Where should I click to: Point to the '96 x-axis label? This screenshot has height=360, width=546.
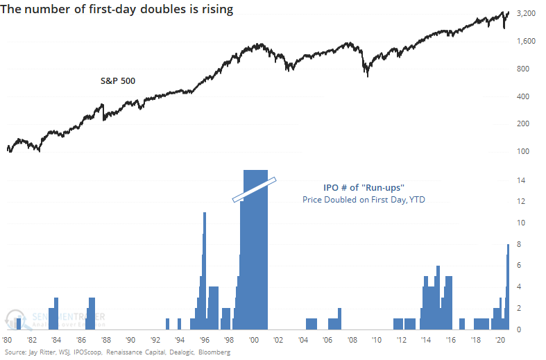click(x=204, y=341)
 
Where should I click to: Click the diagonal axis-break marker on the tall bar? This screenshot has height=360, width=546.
click(x=255, y=189)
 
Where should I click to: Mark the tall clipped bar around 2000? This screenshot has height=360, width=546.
click(x=254, y=264)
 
